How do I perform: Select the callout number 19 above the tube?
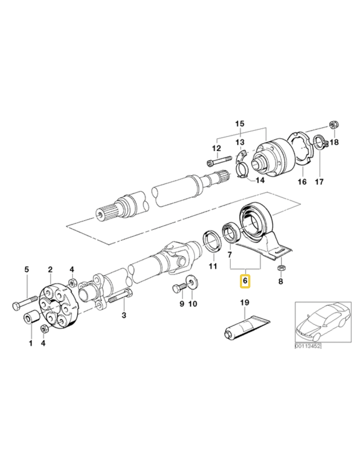pos(244,303)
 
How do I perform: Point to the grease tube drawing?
pos(245,327)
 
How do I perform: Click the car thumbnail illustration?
pos(321,321)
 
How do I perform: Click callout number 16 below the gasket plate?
pos(302,182)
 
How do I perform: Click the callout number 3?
pos(124,316)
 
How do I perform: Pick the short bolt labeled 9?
pos(177,288)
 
